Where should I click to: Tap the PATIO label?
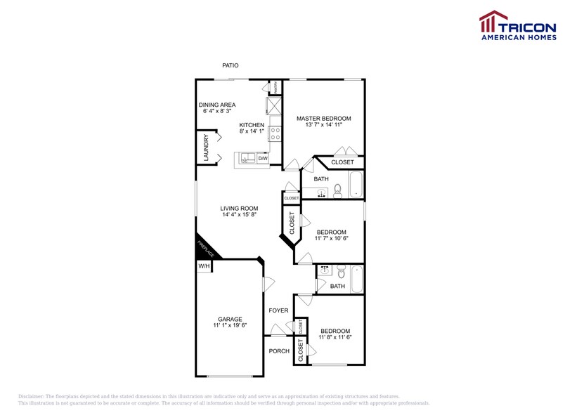(x=231, y=65)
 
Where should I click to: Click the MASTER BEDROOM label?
(x=323, y=119)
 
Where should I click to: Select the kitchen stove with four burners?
(x=275, y=133)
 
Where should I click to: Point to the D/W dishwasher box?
(x=262, y=159)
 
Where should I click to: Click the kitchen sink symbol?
(x=247, y=158)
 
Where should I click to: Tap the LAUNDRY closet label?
(x=207, y=149)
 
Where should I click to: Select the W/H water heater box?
(x=203, y=266)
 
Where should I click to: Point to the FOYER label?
(x=278, y=310)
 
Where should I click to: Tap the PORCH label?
(x=279, y=351)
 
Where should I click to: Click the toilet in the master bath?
(x=337, y=190)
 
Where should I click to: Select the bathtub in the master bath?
(x=356, y=184)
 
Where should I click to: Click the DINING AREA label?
(x=216, y=105)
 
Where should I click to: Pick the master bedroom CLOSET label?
(x=342, y=162)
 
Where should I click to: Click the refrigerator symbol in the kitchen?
(x=273, y=106)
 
